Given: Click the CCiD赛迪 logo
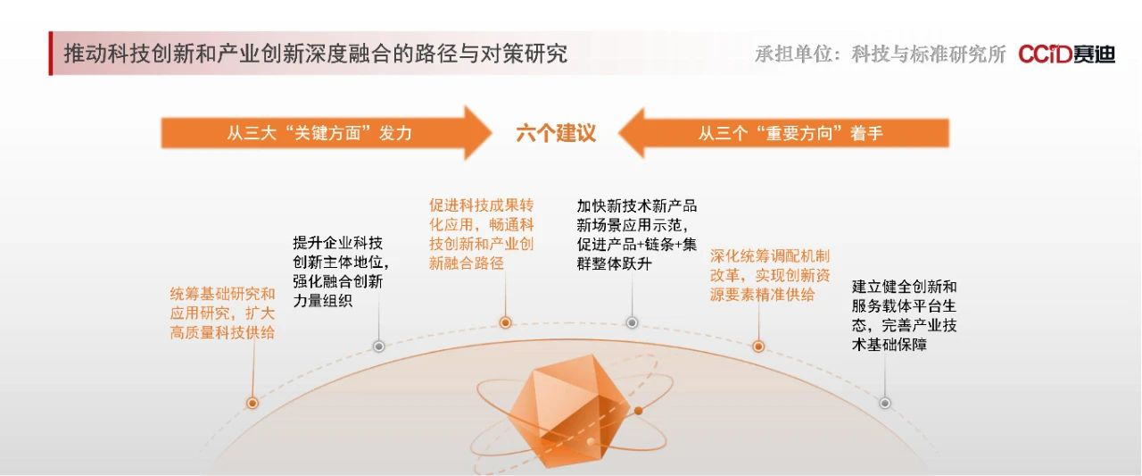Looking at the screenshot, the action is (1066, 54).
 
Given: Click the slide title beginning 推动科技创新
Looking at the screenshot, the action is (316, 54).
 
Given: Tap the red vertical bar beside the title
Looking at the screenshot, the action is (51, 53).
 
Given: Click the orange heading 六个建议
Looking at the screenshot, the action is (556, 133).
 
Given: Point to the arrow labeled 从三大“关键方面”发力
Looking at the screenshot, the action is (327, 133).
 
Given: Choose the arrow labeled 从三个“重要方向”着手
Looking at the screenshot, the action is (783, 133).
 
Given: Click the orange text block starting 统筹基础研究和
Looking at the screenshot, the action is (222, 313).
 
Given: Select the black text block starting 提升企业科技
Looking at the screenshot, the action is (341, 271).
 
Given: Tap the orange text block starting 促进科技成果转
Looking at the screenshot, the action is (481, 234).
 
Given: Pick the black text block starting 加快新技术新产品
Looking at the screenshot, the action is (637, 235).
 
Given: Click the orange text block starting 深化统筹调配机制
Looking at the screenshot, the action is (770, 275).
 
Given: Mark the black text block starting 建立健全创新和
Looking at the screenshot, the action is (904, 315).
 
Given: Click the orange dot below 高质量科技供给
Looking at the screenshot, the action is (252, 403).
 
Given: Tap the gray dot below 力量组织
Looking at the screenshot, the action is (379, 347).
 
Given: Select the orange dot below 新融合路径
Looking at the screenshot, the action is (505, 322).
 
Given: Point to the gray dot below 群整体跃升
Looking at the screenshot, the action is (633, 322).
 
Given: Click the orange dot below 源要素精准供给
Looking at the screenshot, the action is (758, 347).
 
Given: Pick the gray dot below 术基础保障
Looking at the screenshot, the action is (885, 403).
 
